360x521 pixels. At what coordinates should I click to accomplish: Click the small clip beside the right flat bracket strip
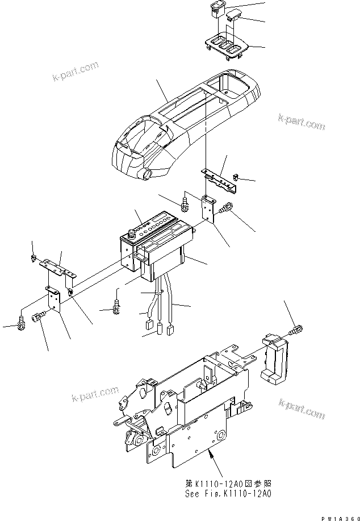[238, 181]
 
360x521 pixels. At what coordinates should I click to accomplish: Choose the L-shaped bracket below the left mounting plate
[54, 299]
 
